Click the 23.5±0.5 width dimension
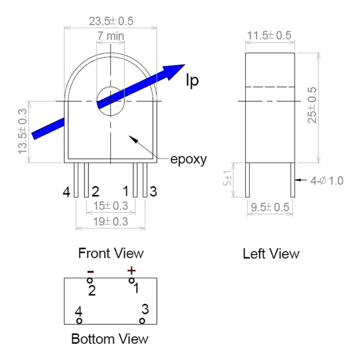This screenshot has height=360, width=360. (111, 21)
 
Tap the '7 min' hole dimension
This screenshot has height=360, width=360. (111, 35)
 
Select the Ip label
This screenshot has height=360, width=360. (192, 80)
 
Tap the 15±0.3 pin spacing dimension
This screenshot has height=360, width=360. (111, 206)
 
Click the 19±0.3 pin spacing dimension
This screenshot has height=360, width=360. (111, 221)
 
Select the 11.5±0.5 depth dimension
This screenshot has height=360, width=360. (270, 36)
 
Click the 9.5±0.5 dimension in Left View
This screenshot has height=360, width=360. (270, 208)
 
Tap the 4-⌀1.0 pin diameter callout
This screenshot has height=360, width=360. (327, 180)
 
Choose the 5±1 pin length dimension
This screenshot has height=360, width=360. (229, 180)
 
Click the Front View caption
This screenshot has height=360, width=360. (111, 253)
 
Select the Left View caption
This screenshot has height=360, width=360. (271, 254)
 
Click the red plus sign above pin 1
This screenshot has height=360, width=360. (131, 270)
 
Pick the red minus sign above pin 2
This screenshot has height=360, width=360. (90, 271)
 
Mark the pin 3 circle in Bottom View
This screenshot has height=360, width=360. (142, 321)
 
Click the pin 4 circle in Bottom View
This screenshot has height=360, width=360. (79, 321)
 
